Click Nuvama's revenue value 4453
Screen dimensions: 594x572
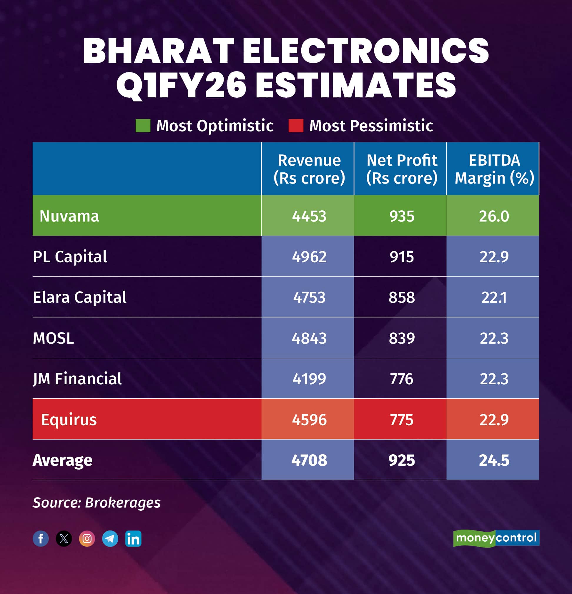click(x=309, y=216)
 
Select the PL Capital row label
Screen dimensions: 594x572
click(x=70, y=257)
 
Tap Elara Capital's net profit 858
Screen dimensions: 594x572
click(x=401, y=297)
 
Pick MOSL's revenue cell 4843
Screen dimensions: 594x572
click(x=309, y=338)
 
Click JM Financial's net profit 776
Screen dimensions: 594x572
click(x=401, y=379)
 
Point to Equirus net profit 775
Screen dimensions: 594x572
click(x=401, y=420)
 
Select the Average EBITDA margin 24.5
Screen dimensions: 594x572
click(x=494, y=460)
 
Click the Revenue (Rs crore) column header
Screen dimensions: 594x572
click(x=309, y=169)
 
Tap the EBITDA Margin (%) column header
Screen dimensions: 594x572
click(x=494, y=169)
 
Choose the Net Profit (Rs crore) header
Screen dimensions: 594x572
click(x=401, y=169)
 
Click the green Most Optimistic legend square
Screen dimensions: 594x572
click(x=143, y=126)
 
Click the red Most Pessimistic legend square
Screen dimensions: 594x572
click(x=295, y=126)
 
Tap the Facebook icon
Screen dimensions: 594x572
click(x=41, y=538)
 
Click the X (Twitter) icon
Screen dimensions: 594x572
click(x=64, y=538)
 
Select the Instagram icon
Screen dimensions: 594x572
click(x=87, y=538)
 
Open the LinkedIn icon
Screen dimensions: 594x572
click(x=133, y=538)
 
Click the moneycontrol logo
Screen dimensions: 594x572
click(x=496, y=538)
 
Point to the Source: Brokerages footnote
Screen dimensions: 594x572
click(x=97, y=503)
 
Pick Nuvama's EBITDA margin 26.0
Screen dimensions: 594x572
click(x=494, y=216)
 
